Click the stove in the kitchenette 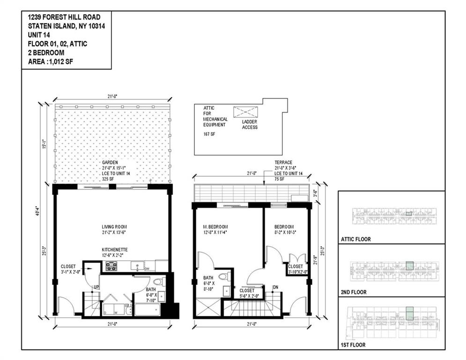pos(111,266)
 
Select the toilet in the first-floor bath pos(158,282)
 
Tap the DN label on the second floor pos(276,287)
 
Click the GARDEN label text pos(110,162)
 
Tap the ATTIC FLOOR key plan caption pos(356,239)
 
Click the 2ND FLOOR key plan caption pos(354,292)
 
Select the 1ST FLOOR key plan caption pos(354,345)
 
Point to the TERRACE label pos(284,163)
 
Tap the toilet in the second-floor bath pos(224,277)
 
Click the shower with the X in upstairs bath pos(207,308)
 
